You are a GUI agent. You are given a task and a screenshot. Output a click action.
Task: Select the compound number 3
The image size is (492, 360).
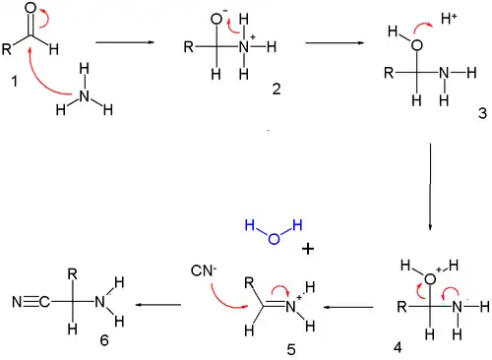point(482,114)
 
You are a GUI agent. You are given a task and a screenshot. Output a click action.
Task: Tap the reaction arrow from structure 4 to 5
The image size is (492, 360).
point(354,307)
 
